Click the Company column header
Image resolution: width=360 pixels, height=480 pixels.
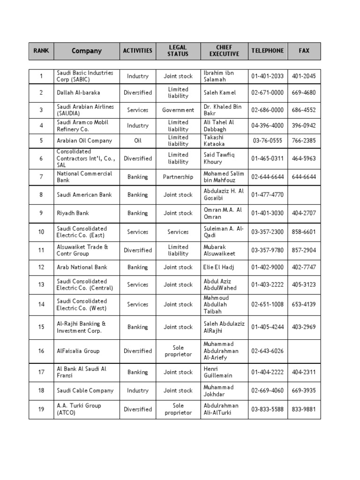[86, 51]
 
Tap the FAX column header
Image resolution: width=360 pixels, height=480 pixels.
[304, 51]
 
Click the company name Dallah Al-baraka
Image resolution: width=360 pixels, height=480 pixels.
[78, 93]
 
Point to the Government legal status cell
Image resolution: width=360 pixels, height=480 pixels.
[178, 110]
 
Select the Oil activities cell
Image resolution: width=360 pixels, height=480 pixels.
[137, 141]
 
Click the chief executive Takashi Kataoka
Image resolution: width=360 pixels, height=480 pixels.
[214, 141]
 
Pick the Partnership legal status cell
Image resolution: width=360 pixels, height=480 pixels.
[178, 177]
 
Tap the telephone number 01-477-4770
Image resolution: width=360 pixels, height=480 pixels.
[267, 195]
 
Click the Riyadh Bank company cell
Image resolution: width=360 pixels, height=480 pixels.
[73, 213]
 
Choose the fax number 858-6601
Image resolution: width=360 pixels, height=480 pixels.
[304, 232]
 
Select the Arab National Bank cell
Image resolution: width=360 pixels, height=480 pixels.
[82, 267]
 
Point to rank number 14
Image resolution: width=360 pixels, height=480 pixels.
[41, 305]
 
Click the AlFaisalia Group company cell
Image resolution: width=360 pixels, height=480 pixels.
[78, 351]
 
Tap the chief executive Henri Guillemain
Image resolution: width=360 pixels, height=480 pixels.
[218, 372]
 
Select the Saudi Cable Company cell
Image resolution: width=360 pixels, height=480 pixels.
[85, 390]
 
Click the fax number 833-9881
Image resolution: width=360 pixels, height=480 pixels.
[304, 409]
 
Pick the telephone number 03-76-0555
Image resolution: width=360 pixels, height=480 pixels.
[267, 141]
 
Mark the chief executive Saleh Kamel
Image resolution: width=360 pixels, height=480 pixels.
[220, 93]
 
